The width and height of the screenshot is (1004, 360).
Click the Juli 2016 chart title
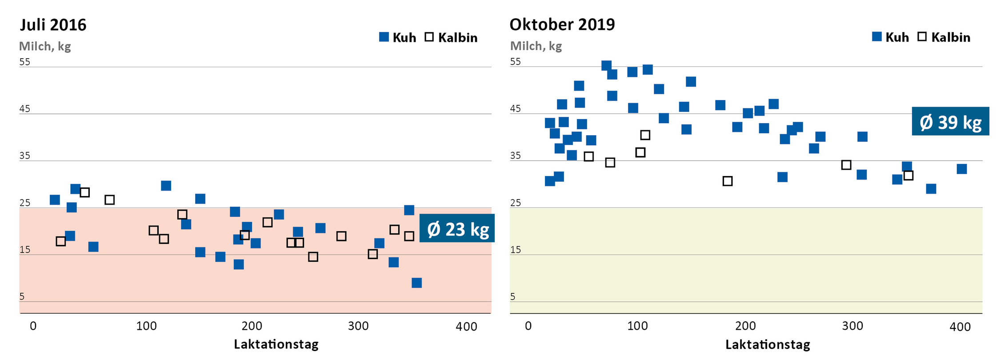pos(53,25)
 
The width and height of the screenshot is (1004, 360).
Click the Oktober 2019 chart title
pos(562,24)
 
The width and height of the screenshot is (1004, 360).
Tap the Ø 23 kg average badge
pos(457,229)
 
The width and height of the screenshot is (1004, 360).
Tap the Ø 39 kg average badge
pos(950,122)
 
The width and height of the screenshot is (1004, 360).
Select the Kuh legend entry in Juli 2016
pos(397,37)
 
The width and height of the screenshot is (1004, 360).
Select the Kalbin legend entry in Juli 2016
pos(451,37)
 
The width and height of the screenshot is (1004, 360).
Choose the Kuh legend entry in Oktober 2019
pos(890,37)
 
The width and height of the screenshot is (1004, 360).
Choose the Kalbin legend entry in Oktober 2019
pos(944,37)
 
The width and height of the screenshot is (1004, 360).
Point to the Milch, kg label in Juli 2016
pos(45,46)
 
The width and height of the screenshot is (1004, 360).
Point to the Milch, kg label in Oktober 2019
pos(536,46)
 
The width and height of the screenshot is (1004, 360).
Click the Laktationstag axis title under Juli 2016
pos(276,344)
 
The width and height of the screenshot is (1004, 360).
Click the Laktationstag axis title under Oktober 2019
pos(768,344)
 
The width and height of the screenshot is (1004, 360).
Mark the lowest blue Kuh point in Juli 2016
pos(416,283)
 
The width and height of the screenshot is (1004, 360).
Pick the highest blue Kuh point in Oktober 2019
pos(606,66)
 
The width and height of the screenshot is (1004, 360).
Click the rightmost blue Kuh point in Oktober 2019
pos(962,169)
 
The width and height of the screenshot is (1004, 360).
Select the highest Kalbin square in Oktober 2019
pos(645,135)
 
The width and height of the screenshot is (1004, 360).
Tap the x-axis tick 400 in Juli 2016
pos(467,327)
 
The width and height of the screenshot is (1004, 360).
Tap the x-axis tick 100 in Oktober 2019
pos(637,326)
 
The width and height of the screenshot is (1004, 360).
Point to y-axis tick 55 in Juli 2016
pos(25,62)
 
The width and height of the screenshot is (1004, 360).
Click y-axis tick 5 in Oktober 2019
pos(513,296)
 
